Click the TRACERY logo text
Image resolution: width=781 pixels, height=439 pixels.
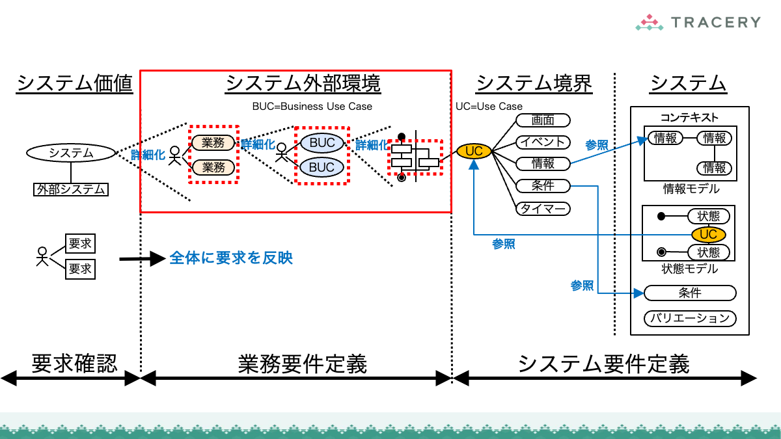pyautogui.click(x=715, y=22)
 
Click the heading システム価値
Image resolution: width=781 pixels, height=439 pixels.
pyautogui.click(x=75, y=84)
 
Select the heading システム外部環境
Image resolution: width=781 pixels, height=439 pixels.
pyautogui.click(x=303, y=84)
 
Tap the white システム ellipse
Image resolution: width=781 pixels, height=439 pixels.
pyautogui.click(x=71, y=153)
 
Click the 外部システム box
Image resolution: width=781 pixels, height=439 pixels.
pyautogui.click(x=71, y=189)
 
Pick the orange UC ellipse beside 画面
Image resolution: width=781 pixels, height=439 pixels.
pyautogui.click(x=474, y=151)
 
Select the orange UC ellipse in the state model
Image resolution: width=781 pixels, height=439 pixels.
pyautogui.click(x=709, y=234)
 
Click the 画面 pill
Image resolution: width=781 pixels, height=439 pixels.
pyautogui.click(x=543, y=120)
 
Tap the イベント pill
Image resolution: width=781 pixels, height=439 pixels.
pyautogui.click(x=543, y=142)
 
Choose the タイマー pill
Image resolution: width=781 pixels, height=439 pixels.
pyautogui.click(x=543, y=209)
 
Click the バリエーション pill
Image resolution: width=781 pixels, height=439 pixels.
pyautogui.click(x=690, y=318)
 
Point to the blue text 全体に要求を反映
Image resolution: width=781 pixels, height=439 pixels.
pyautogui.click(x=231, y=258)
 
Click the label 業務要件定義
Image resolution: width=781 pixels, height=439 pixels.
pyautogui.click(x=303, y=364)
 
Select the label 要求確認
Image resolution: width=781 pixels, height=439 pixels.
pyautogui.click(x=74, y=364)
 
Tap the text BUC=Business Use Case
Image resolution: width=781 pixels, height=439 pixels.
pyautogui.click(x=312, y=106)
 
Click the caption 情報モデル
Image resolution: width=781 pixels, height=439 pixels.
pyautogui.click(x=691, y=189)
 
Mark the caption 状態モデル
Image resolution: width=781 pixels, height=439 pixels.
pyautogui.click(x=690, y=269)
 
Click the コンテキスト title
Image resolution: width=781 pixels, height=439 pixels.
pyautogui.click(x=690, y=118)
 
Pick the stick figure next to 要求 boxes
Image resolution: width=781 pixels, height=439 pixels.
pyautogui.click(x=42, y=256)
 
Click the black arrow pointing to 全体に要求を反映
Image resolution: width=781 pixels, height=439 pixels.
pyautogui.click(x=143, y=259)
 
